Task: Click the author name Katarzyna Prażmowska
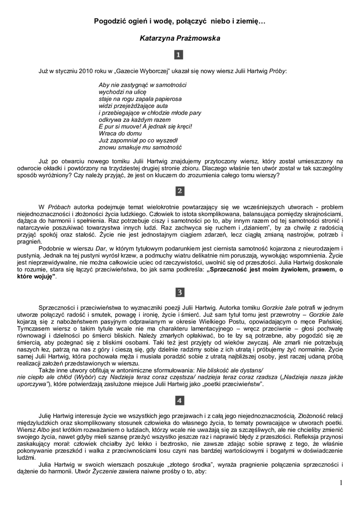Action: click(180, 38)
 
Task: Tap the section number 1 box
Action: click(180, 55)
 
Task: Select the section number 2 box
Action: click(180, 191)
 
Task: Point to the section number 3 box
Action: click(180, 292)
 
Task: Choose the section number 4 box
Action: click(180, 400)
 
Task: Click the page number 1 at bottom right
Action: click(341, 482)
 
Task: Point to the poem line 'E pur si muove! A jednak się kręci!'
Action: click(145, 127)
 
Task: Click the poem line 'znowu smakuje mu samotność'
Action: click(141, 148)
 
